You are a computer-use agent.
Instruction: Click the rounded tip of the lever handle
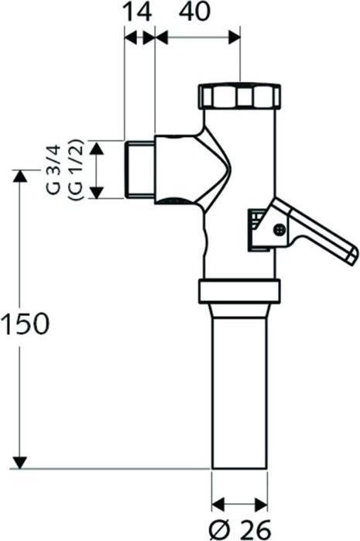350,256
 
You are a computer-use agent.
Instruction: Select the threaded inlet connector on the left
139,169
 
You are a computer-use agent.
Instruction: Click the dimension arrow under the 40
197,36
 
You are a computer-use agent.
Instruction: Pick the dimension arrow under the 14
139,36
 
